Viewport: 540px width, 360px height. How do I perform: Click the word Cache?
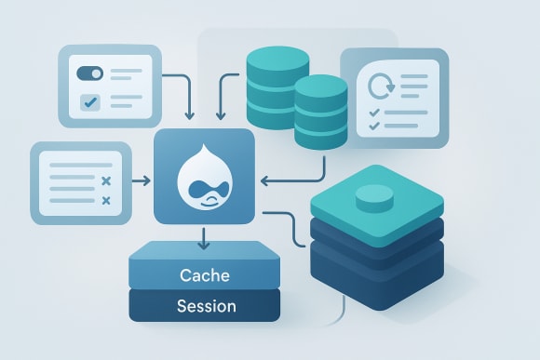[x=203, y=276]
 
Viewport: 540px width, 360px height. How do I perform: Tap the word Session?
[x=205, y=305]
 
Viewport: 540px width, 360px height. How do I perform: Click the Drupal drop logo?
[x=203, y=177]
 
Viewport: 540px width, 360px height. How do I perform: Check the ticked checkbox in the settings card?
[x=90, y=101]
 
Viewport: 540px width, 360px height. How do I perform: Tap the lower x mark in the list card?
[x=105, y=200]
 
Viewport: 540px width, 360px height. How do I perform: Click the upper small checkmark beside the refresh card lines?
[x=374, y=113]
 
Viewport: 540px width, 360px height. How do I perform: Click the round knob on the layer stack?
[x=375, y=195]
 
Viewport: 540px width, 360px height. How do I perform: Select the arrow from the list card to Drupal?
[x=141, y=180]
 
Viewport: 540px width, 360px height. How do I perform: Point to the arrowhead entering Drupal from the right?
[x=265, y=180]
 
